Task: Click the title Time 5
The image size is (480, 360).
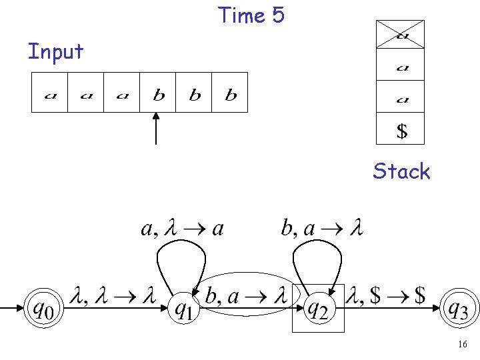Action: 251,15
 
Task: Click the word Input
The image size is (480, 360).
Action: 55,51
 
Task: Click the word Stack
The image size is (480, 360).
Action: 401,171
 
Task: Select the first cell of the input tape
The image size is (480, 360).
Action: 50,92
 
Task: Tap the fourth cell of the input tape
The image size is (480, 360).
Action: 158,92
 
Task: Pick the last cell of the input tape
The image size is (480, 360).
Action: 231,92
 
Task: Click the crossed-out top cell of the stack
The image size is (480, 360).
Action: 400,35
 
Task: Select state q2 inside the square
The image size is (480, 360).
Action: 318,308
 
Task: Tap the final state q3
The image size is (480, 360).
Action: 460,308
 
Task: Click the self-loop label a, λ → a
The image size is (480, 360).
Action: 182,229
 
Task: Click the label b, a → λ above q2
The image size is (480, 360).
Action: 322,229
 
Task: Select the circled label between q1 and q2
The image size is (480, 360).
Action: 246,296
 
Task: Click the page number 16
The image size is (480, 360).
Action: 462,345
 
